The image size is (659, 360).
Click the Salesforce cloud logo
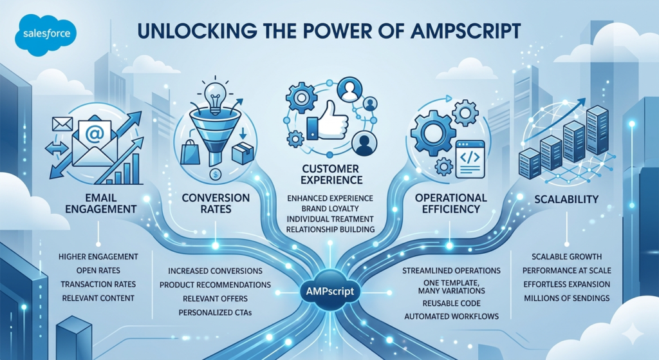click(44, 35)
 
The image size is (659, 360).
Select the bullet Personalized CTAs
click(214, 312)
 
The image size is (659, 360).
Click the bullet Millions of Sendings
click(567, 298)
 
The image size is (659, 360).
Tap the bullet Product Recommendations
click(214, 284)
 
